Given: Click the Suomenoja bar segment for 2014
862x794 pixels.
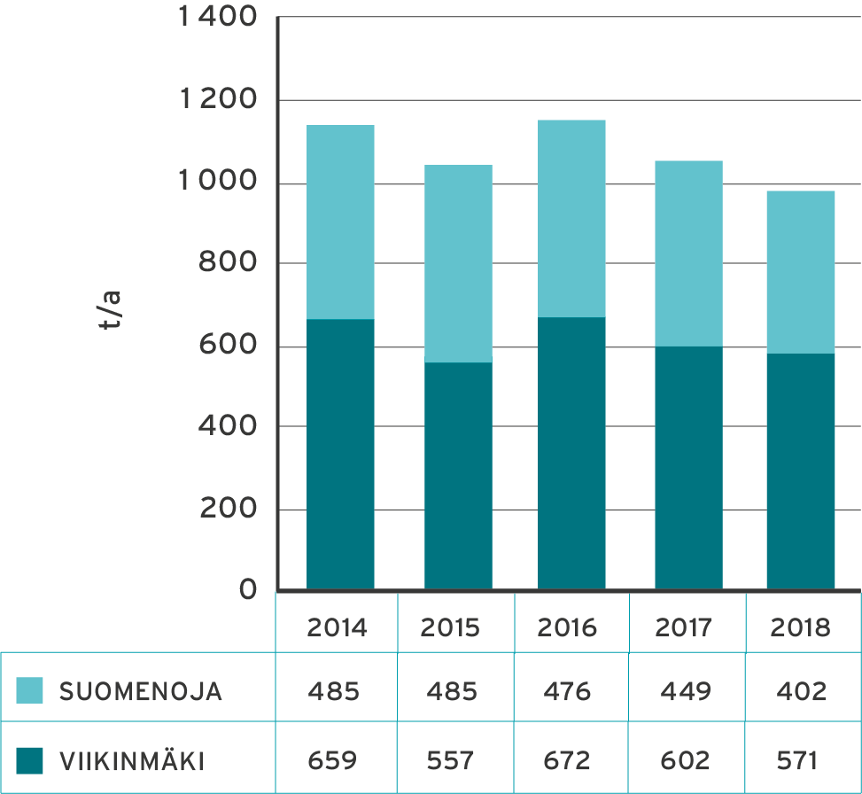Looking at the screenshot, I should click(340, 222).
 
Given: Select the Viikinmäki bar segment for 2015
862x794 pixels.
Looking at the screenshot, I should click(458, 475).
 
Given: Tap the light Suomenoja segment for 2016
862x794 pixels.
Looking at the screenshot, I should click(571, 218).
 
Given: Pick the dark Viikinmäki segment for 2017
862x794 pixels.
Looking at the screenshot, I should click(688, 467).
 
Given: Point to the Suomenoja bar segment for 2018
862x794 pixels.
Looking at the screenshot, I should click(801, 272).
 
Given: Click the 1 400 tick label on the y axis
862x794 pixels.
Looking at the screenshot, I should click(217, 18).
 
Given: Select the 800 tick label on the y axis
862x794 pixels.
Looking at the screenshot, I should click(229, 264).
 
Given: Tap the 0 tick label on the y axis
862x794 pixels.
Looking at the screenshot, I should click(248, 590).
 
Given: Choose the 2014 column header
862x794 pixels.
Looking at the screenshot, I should click(337, 628).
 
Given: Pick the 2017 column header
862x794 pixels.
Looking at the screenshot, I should click(684, 628).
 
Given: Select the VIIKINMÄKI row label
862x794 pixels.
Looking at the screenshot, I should click(131, 761).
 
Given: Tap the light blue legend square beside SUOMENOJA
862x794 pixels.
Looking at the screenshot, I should click(30, 691).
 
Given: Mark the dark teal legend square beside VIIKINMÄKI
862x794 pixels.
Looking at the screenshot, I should click(30, 760).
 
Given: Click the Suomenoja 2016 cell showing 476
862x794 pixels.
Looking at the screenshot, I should click(568, 691).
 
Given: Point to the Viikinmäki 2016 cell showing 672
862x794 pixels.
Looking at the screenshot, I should click(568, 760).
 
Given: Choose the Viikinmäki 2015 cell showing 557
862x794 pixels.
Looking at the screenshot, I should click(452, 760).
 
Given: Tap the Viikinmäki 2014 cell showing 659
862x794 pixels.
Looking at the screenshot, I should click(334, 760).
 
